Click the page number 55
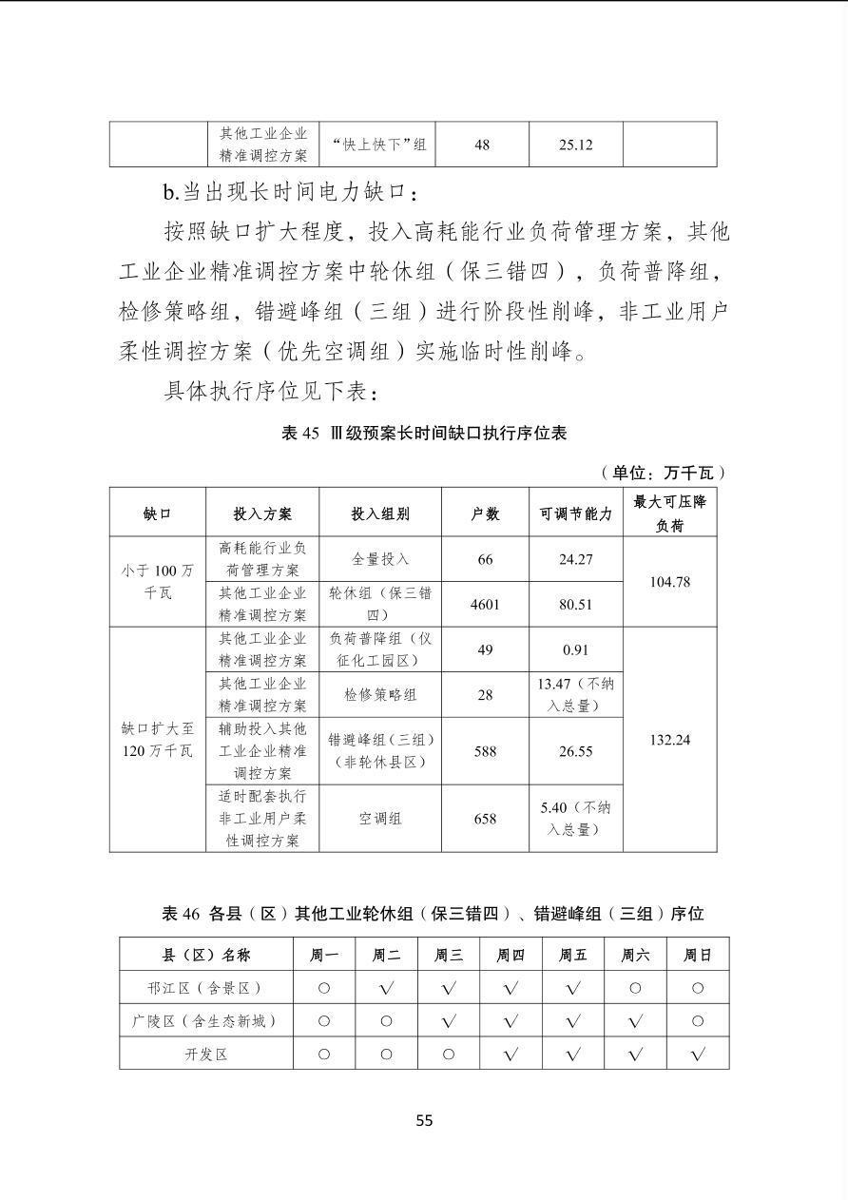(424, 1120)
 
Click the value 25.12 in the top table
(575, 145)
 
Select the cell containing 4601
(485, 604)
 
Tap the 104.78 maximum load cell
(669, 582)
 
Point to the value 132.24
(669, 740)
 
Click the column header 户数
(485, 513)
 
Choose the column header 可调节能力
(575, 513)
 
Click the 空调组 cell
(380, 818)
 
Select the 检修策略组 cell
(380, 695)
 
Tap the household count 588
(485, 751)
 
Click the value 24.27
(575, 559)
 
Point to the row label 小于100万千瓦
(158, 582)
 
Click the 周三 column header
(449, 955)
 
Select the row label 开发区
(206, 1054)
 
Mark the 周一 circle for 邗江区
(324, 988)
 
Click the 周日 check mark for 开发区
(698, 1054)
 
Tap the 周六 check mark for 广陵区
(635, 1021)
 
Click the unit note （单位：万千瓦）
(664, 472)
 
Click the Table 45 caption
(424, 433)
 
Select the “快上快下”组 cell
(380, 145)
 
